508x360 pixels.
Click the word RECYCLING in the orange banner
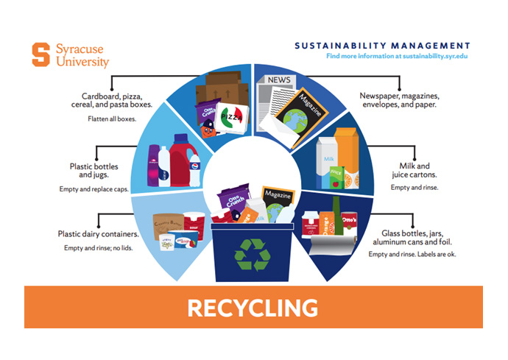pos(253,307)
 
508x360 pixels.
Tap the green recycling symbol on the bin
pos(253,252)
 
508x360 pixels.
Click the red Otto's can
pos(350,220)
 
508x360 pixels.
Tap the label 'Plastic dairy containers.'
pos(99,234)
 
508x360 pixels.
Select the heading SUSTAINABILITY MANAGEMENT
pos(382,45)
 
